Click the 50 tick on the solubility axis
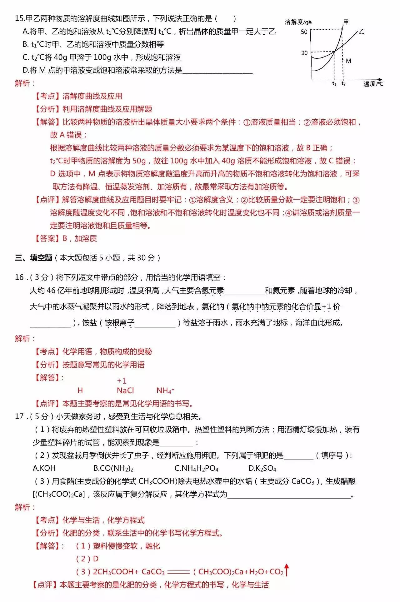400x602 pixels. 304,32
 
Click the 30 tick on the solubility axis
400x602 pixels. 304,53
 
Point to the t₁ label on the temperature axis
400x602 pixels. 334,84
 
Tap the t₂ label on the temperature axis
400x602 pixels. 343,84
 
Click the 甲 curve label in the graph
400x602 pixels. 346,22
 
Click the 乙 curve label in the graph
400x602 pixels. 362,31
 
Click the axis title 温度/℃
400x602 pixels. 373,84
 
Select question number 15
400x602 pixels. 20,18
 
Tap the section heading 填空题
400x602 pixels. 41,258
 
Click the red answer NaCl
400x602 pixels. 125,390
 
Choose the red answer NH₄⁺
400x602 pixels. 165,390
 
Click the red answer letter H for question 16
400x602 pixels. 80,390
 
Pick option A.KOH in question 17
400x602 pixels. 44,468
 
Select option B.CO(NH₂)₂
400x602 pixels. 113,468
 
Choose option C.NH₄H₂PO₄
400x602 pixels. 196,468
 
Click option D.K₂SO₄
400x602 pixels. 262,468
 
